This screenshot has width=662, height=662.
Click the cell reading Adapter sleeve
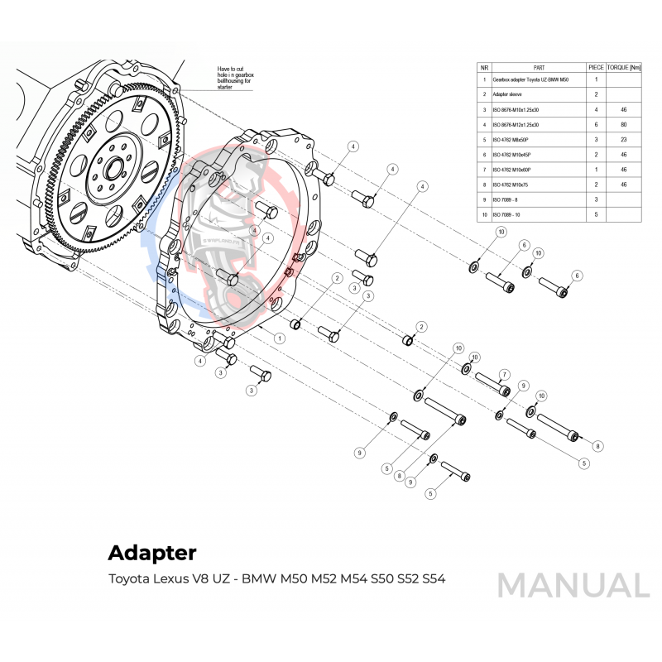[506, 95]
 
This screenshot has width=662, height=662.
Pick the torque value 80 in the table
[623, 124]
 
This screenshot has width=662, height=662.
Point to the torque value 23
[623, 139]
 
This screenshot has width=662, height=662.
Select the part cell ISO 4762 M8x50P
[512, 139]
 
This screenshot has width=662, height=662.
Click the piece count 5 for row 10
[596, 214]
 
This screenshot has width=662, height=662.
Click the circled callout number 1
[281, 338]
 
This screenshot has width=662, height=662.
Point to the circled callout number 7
[504, 375]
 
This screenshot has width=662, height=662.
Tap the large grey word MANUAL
[573, 585]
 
